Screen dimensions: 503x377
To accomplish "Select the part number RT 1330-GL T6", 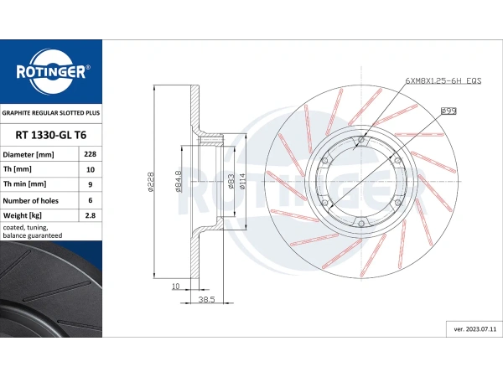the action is pyautogui.click(x=51, y=135).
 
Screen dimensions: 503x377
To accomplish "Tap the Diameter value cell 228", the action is pyautogui.click(x=91, y=154).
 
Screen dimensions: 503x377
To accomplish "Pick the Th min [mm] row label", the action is pyautogui.click(x=24, y=184).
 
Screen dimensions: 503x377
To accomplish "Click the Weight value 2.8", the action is pyautogui.click(x=91, y=215).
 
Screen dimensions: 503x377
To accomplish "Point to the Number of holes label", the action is pyautogui.click(x=30, y=201).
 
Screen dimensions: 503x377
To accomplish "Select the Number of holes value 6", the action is pyautogui.click(x=91, y=200).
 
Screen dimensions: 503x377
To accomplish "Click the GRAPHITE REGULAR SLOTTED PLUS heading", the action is pyautogui.click(x=51, y=113).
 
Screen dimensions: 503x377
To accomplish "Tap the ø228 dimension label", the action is pyautogui.click(x=150, y=182).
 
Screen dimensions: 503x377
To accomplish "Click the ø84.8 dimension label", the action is pyautogui.click(x=178, y=182).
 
